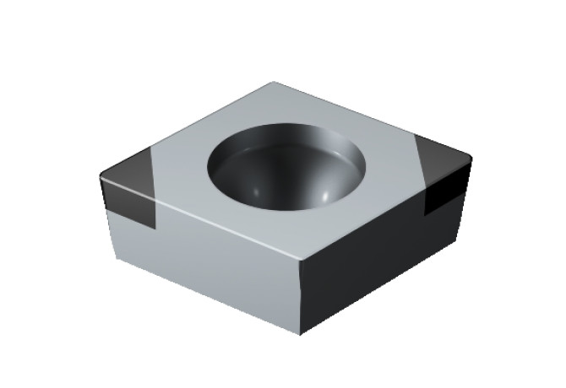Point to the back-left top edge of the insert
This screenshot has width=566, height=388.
(186, 127)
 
